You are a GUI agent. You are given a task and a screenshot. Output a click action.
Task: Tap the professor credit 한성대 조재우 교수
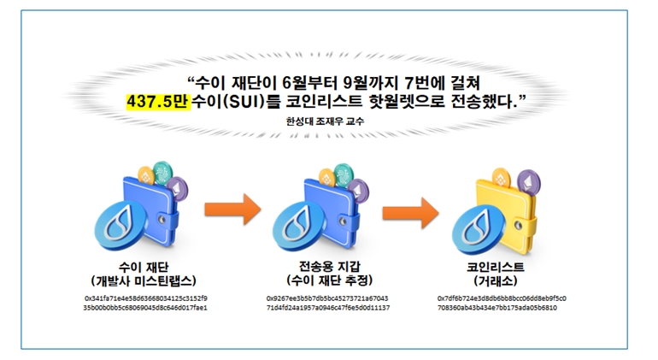pyautogui.click(x=327, y=121)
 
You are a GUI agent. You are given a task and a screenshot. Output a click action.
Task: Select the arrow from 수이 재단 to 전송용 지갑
pyautogui.click(x=231, y=207)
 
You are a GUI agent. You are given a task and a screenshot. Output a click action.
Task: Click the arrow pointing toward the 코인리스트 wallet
pyautogui.click(x=408, y=207)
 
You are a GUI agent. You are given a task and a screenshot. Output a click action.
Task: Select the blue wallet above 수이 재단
pyautogui.click(x=154, y=210)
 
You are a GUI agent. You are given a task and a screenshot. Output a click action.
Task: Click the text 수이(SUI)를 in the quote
pyautogui.click(x=231, y=103)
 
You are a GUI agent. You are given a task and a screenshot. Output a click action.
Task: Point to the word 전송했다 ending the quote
pyautogui.click(x=477, y=103)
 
